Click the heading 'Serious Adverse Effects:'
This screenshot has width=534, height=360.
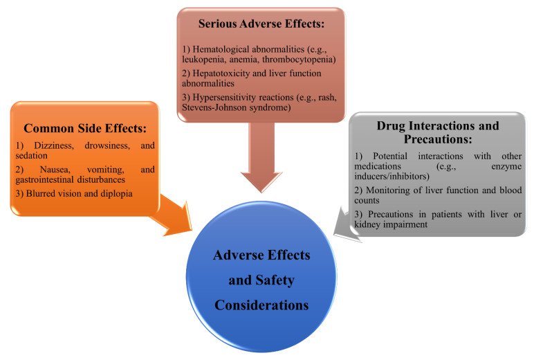261,24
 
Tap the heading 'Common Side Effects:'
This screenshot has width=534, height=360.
85,128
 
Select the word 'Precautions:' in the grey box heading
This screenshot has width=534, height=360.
438,139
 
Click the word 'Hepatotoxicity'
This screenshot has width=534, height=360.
221,73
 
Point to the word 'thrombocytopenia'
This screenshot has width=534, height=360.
299,60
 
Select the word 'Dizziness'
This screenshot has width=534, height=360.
54,145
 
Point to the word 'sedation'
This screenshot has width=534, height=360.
31,156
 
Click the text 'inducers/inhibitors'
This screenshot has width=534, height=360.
392,177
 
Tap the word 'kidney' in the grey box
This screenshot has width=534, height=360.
367,224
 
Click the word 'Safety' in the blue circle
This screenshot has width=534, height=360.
275,280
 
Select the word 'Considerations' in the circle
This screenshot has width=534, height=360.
261,305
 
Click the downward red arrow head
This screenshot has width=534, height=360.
261,181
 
